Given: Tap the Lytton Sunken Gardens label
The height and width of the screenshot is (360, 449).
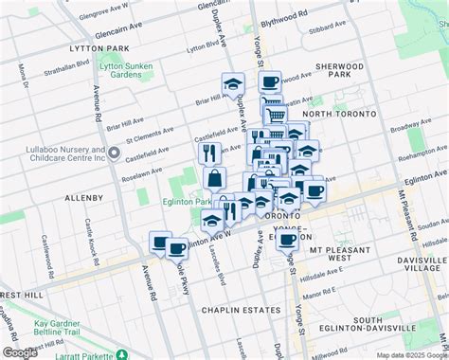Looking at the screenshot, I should pos(131,75).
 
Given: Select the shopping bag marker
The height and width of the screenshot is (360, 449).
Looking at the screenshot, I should pos(216,178).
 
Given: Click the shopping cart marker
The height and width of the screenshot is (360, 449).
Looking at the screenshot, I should pos(276,116).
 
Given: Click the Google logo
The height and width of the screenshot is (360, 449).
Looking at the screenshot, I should pos(21,352).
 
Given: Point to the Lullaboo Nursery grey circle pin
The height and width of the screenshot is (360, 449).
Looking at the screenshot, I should pos(113,152).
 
